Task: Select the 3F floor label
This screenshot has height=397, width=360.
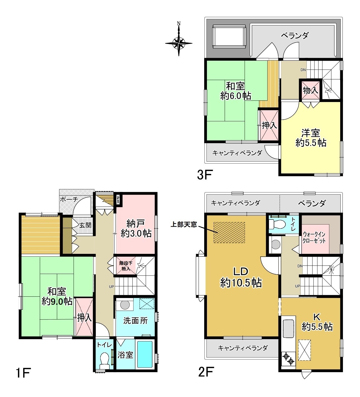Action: tap(205, 174)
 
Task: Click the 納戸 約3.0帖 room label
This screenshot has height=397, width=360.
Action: tap(136, 229)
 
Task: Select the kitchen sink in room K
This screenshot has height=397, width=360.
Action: tap(289, 328)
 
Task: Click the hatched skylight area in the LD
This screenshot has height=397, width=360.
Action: tap(229, 232)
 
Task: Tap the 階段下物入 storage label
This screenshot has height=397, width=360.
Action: tap(125, 266)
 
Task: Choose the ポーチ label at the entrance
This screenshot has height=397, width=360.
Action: tap(69, 199)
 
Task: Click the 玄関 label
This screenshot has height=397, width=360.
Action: tap(85, 225)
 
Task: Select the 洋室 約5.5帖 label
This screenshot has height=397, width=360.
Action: tap(311, 138)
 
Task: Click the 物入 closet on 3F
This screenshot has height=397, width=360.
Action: tap(311, 90)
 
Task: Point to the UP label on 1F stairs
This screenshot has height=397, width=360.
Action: tap(111, 286)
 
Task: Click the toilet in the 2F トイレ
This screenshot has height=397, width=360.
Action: tap(277, 224)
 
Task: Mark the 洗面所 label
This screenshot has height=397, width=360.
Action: tap(135, 321)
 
